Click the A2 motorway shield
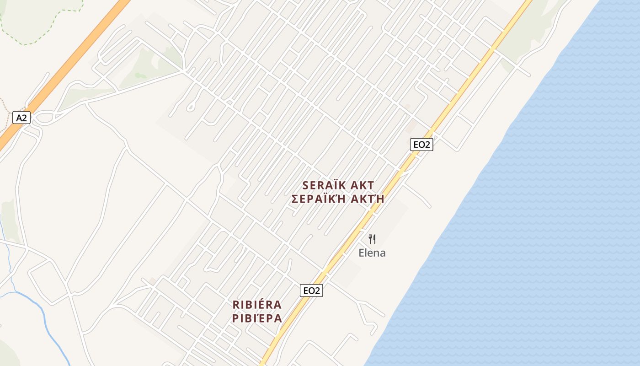pos(21,118)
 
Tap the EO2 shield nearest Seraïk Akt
pos(421,145)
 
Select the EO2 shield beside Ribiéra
pos(311,290)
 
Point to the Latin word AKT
pos(362,185)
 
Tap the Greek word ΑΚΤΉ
pos(368,199)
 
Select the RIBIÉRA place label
pos(257,305)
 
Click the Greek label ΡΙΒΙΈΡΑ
pos(257,318)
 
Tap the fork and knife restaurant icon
pos(372,239)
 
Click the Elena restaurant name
pos(372,253)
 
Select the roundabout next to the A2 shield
pos(44,118)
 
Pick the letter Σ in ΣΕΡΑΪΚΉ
pos(295,199)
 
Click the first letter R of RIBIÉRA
pos(236,305)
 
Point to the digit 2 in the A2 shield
pos(24,118)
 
